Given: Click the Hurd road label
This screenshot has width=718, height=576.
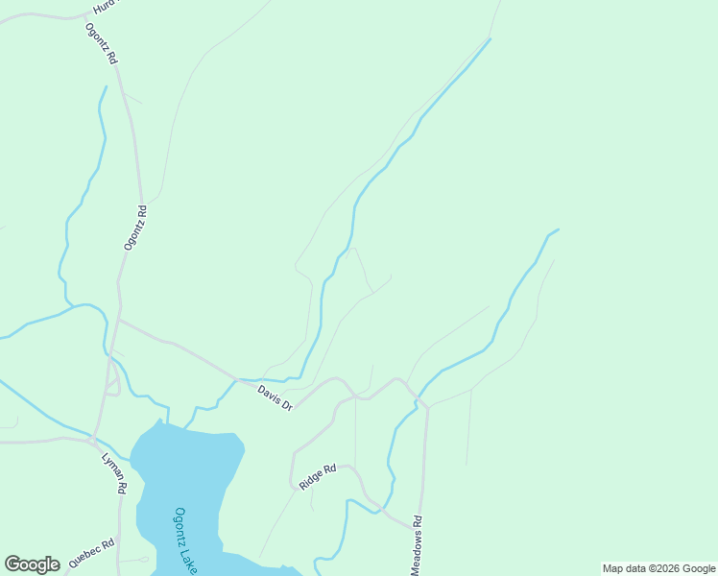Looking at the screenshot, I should (103, 7).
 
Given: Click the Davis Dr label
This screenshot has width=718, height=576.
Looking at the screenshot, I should (275, 397).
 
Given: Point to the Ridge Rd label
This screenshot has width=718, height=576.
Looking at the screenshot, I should (318, 476).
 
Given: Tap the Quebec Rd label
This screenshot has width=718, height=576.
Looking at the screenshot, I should (91, 555).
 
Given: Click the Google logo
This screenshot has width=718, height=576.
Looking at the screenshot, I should (33, 564).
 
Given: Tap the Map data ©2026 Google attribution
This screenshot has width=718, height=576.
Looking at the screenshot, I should (659, 568).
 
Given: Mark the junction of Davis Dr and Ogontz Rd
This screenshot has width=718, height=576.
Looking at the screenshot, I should (119, 319).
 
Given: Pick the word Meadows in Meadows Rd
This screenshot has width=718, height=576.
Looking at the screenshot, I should (417, 555).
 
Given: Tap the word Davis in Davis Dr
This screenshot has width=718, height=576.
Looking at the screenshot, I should (268, 394).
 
